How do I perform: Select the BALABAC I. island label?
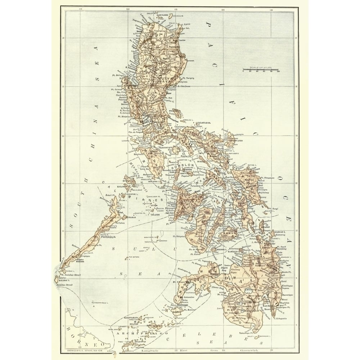tap(64, 279)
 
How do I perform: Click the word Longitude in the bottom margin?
tap(150, 349)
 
